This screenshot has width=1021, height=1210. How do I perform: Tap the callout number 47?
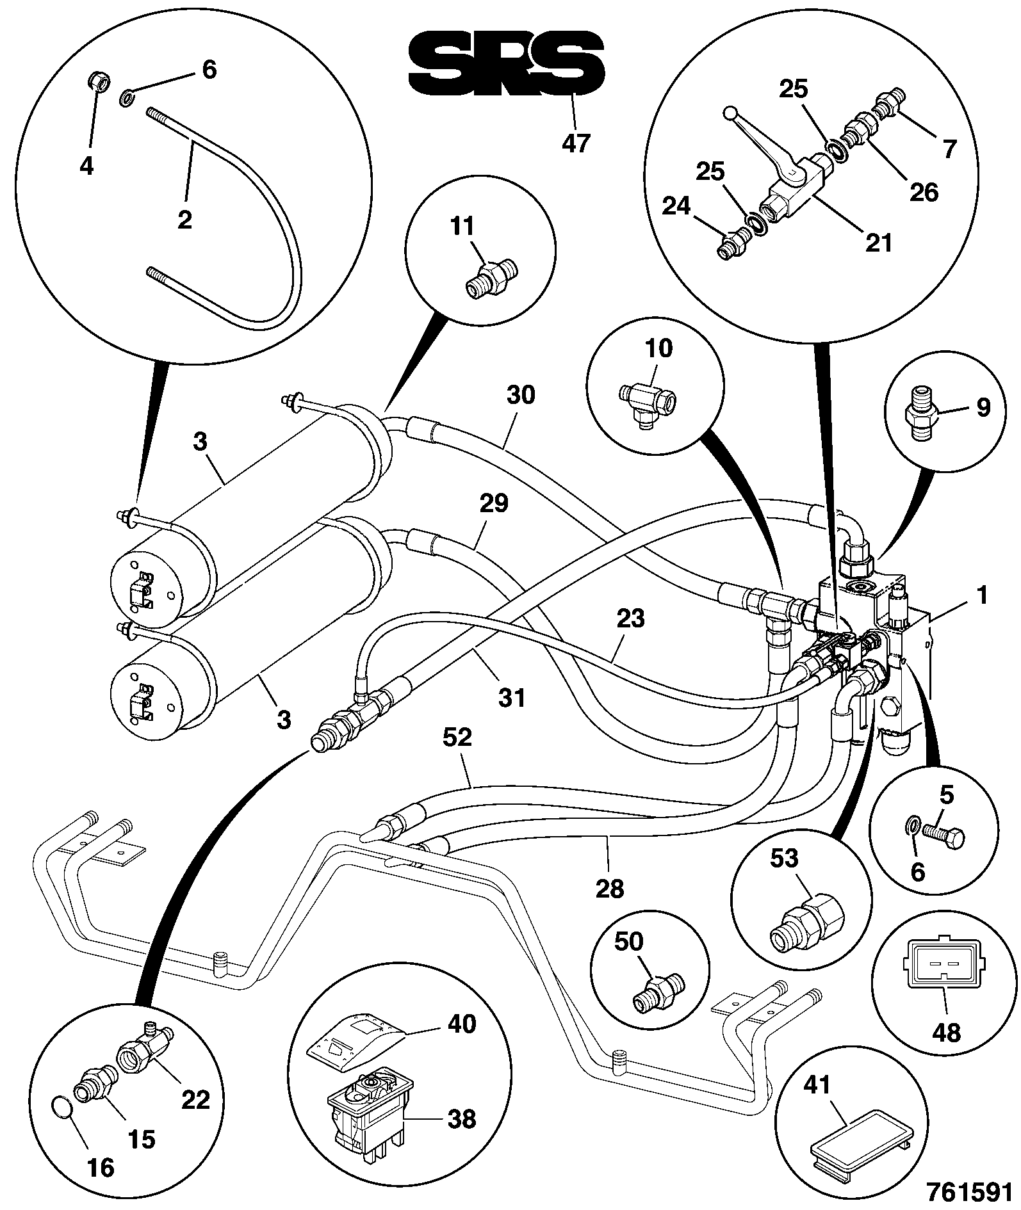point(575,143)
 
